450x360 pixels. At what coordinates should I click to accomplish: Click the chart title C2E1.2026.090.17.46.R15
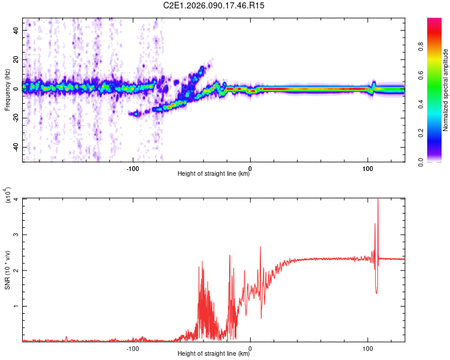point(214,5)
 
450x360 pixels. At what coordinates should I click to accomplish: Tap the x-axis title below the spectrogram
point(214,174)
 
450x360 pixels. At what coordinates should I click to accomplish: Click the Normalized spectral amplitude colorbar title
point(446,90)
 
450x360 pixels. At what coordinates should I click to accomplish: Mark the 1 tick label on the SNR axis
point(17,306)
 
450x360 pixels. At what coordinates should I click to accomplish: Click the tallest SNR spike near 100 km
point(377,202)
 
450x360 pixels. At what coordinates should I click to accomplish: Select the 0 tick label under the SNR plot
point(250,349)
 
